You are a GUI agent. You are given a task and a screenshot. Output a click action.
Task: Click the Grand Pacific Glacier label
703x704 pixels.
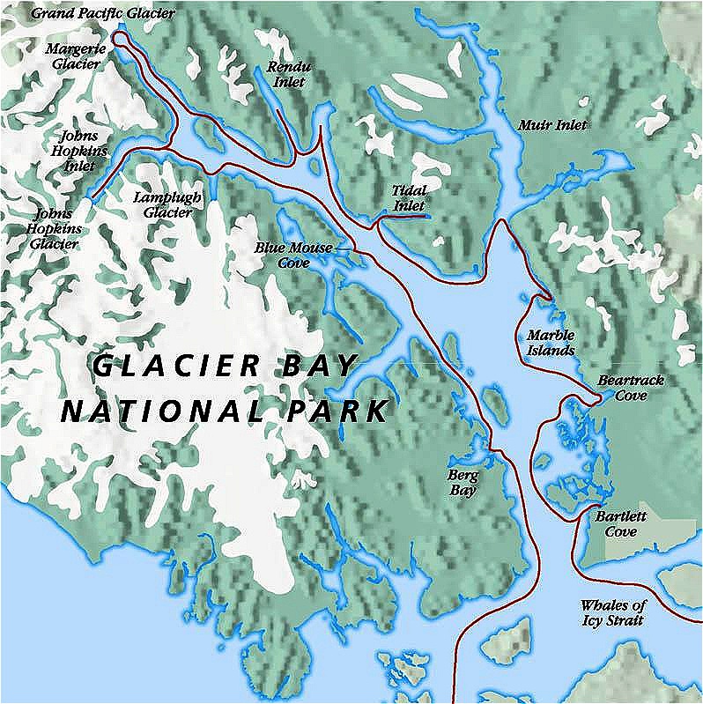click(x=102, y=13)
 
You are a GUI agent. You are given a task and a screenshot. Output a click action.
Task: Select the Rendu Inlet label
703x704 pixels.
click(x=286, y=75)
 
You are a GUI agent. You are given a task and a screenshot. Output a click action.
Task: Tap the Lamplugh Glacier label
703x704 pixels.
click(x=163, y=204)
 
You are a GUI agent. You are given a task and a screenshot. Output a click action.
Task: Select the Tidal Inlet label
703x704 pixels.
click(x=410, y=197)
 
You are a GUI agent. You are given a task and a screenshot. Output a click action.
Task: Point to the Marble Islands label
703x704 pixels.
click(x=551, y=343)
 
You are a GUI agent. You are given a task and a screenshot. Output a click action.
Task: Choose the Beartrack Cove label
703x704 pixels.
click(x=631, y=388)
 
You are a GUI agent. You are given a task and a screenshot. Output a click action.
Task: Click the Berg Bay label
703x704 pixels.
click(x=462, y=483)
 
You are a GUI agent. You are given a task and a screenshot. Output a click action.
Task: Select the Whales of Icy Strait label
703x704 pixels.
click(x=613, y=613)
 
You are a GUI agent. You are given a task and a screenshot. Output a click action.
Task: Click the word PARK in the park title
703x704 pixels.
click(x=338, y=411)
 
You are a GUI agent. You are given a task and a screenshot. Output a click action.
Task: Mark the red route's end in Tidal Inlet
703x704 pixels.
click(x=427, y=215)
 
